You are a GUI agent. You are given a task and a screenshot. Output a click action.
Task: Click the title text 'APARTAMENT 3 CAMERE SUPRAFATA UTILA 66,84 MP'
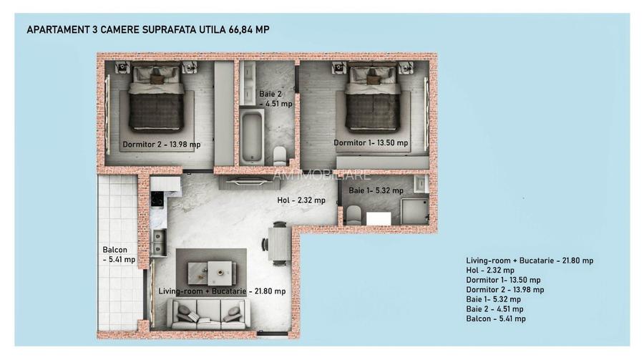147,29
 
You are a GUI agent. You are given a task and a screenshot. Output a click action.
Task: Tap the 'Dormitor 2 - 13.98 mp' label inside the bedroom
161,145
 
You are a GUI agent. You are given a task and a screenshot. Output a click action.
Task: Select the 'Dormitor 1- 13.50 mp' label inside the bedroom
371,142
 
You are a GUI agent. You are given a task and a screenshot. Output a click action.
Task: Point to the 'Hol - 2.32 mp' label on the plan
301,200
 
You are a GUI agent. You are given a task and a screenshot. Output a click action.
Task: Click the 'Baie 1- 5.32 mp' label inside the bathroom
376,190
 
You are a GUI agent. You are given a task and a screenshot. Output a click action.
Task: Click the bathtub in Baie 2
252,135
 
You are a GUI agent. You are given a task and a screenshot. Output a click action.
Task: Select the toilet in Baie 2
280,155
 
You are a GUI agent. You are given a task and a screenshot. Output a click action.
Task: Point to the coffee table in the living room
211,271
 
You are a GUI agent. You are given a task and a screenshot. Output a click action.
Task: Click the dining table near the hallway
278,243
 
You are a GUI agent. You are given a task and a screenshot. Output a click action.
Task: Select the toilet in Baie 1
353,215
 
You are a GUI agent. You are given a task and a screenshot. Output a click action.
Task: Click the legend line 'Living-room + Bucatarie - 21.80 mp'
530,261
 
